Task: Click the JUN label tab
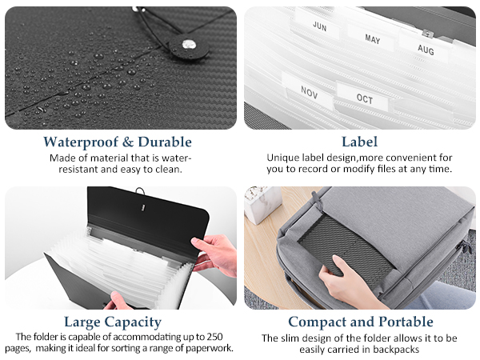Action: pyautogui.click(x=320, y=26)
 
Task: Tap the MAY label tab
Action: pyautogui.click(x=373, y=38)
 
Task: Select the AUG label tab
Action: pyautogui.click(x=426, y=49)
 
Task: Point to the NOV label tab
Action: pyautogui.click(x=310, y=91)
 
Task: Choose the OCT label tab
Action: pyautogui.click(x=365, y=99)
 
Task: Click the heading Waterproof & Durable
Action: pyautogui.click(x=118, y=142)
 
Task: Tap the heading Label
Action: pyautogui.click(x=359, y=142)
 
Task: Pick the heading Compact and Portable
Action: pyautogui.click(x=360, y=322)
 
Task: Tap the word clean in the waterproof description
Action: pyautogui.click(x=168, y=169)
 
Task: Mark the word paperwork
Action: pyautogui.click(x=210, y=348)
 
